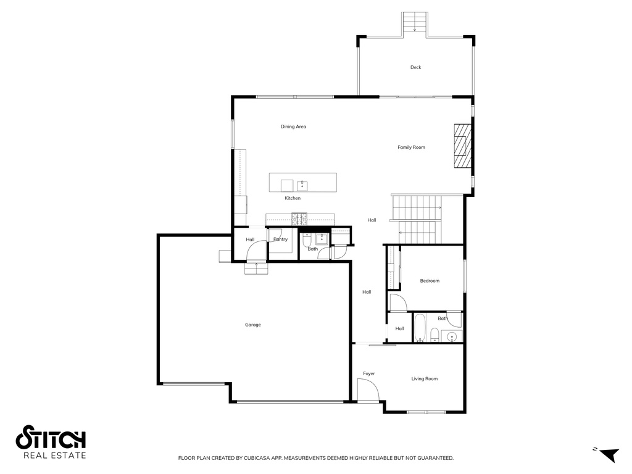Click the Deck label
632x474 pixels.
(x=415, y=67)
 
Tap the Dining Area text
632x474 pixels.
(x=293, y=127)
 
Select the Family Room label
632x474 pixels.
(x=411, y=148)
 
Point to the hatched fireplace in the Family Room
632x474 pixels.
(x=462, y=146)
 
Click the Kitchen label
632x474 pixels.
(x=293, y=198)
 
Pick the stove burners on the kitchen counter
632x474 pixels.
(x=299, y=217)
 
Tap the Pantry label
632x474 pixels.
(x=280, y=239)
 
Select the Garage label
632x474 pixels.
(x=252, y=325)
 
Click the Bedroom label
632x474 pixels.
(x=430, y=281)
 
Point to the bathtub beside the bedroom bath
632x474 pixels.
(x=420, y=328)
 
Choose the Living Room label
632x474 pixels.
(x=424, y=378)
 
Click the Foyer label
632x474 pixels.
(x=368, y=373)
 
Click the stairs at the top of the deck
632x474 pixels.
(x=415, y=22)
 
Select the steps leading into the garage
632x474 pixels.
(x=256, y=268)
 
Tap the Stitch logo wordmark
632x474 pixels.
(x=51, y=438)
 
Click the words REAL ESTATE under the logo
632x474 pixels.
(x=54, y=456)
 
